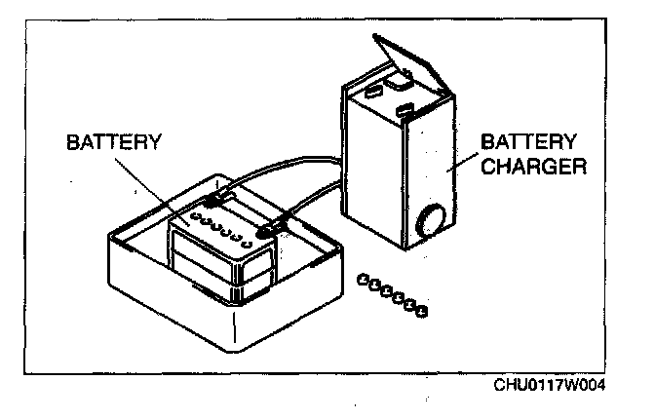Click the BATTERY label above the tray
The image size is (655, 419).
click(x=112, y=141)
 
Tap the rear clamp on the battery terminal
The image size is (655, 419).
click(x=219, y=197)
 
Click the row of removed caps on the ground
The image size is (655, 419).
click(x=392, y=294)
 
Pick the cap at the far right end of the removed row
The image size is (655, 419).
click(x=422, y=312)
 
